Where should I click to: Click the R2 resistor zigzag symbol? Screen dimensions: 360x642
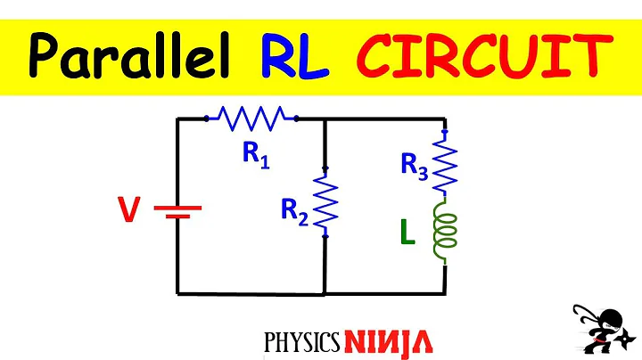[325, 202]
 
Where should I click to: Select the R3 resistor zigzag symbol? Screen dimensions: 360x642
[443, 162]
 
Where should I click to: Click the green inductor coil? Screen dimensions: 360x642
[443, 233]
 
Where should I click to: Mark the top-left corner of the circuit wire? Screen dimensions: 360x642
[178, 118]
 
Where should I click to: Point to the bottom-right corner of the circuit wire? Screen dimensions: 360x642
[444, 292]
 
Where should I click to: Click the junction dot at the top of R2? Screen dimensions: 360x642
[325, 168]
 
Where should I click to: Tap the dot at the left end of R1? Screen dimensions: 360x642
[207, 117]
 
